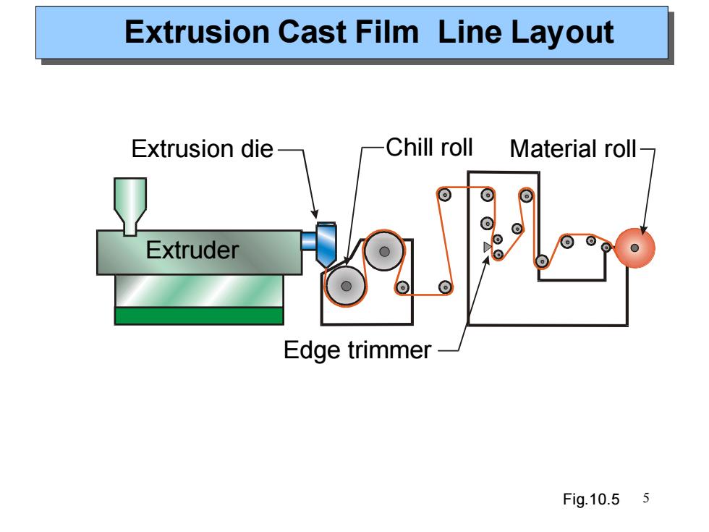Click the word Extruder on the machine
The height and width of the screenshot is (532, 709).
(x=192, y=250)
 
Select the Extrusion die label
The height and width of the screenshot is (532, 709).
(x=202, y=149)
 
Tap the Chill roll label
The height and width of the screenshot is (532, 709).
(x=429, y=148)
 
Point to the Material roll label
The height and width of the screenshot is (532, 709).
(x=573, y=149)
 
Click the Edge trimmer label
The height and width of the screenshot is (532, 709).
(x=357, y=350)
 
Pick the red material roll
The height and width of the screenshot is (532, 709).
(x=634, y=248)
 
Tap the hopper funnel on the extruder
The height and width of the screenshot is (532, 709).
(x=130, y=206)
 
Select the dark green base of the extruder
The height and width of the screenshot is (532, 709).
(x=199, y=316)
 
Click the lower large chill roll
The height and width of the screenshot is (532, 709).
(x=346, y=286)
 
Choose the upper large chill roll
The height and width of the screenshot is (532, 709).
(x=384, y=251)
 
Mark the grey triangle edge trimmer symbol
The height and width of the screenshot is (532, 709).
(x=488, y=247)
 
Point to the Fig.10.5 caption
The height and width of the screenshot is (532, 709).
(x=591, y=499)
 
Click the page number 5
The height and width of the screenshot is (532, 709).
(x=645, y=498)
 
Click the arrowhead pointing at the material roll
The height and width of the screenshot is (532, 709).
(x=644, y=230)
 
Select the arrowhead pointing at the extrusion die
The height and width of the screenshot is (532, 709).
(x=315, y=214)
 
